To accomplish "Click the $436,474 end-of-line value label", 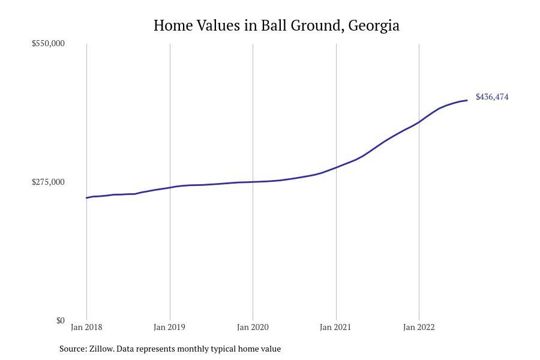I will coord(492,97).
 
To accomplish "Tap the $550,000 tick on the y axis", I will coord(48,43).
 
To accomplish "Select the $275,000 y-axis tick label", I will coord(48,182).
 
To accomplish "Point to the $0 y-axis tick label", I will coord(60,320).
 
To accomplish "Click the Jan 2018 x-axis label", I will coord(86,327).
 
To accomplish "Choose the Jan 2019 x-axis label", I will coord(169,327).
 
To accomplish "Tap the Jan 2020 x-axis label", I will coord(253,327).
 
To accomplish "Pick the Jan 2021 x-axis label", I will coord(335,327).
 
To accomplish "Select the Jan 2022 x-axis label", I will coord(419,327).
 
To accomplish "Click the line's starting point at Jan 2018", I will coord(86,197).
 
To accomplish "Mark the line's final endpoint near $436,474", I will coord(467,100).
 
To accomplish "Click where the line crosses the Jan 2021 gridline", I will coord(336,167).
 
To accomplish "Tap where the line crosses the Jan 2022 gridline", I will coord(419,122).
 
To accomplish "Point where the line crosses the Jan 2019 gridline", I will coord(170,187).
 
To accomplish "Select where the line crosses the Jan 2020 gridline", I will coord(253,182).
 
